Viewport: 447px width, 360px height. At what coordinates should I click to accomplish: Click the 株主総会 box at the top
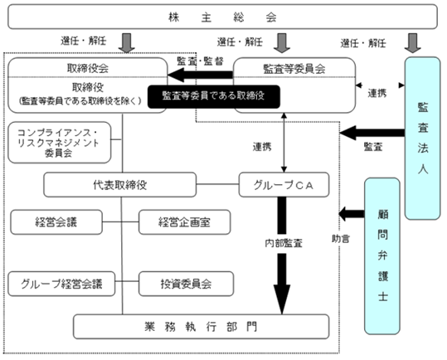pyautogui.click(x=222, y=17)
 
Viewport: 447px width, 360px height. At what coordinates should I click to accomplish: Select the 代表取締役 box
pyautogui.click(x=120, y=185)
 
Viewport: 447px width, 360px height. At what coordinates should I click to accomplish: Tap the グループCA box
pyautogui.click(x=284, y=185)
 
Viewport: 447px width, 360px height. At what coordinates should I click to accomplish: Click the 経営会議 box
pyautogui.click(x=56, y=222)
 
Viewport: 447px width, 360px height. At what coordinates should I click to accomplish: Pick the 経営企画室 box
pyautogui.click(x=184, y=222)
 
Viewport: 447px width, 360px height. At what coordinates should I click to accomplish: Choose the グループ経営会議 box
pyautogui.click(x=61, y=284)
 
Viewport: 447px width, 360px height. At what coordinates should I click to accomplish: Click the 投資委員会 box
pyautogui.click(x=186, y=284)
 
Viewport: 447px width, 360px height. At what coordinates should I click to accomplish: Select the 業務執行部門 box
pyautogui.click(x=202, y=327)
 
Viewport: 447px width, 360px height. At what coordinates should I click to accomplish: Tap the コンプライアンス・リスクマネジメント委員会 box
pyautogui.click(x=60, y=143)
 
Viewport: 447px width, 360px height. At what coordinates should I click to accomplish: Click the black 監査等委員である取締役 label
pyautogui.click(x=213, y=96)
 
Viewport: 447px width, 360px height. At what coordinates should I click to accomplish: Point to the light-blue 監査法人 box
pyautogui.click(x=422, y=139)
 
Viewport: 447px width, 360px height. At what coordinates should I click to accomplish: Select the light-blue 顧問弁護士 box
pyautogui.click(x=382, y=256)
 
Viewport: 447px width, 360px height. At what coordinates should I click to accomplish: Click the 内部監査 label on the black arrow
pyautogui.click(x=283, y=243)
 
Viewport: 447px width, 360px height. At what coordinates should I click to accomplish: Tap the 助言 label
pyautogui.click(x=340, y=239)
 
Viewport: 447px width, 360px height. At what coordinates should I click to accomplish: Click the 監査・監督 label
pyautogui.click(x=200, y=61)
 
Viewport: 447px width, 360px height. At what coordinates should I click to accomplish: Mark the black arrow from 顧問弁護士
pyautogui.click(x=352, y=214)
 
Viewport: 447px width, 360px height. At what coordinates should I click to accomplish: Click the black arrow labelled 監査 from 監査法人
pyautogui.click(x=372, y=133)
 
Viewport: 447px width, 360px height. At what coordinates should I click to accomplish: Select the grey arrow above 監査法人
pyautogui.click(x=412, y=43)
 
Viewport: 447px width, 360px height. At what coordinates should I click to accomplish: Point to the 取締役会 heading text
pyautogui.click(x=88, y=68)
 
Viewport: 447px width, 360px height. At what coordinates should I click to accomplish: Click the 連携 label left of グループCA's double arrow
pyautogui.click(x=262, y=147)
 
